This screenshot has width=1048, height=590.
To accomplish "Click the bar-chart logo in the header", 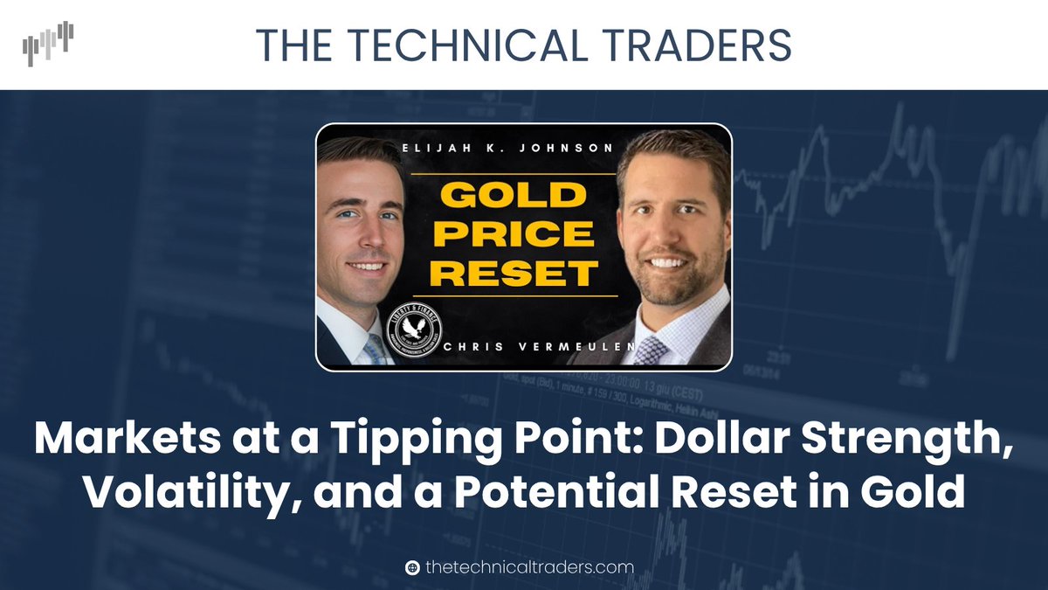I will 49,44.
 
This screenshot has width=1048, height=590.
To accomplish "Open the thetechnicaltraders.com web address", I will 529,567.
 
